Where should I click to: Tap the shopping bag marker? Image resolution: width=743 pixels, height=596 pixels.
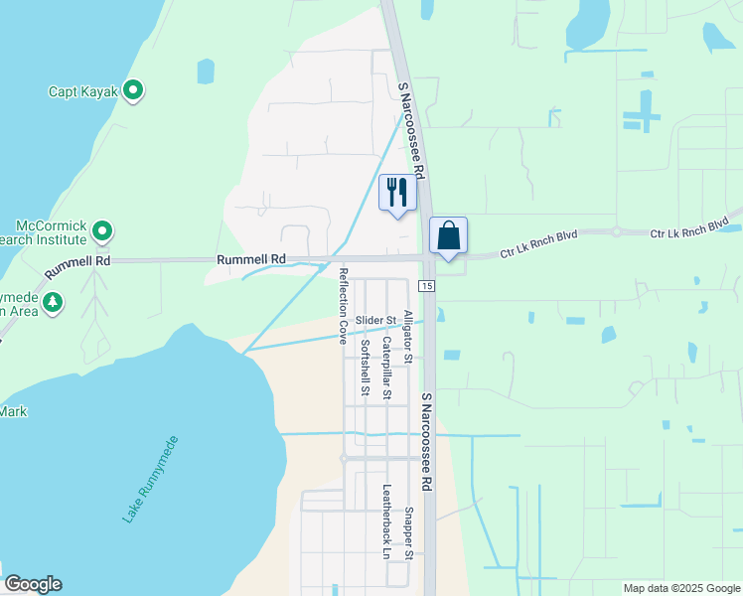(x=448, y=236)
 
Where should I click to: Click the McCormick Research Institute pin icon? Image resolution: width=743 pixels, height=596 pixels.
(x=101, y=232)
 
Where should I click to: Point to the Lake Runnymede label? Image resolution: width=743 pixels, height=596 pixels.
(x=151, y=479)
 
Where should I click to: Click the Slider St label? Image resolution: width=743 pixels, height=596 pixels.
(x=376, y=320)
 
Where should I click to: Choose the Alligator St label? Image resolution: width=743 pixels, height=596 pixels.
(x=407, y=335)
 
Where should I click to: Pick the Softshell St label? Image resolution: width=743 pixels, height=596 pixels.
(x=366, y=368)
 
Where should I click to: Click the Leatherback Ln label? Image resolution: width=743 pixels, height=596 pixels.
(x=386, y=521)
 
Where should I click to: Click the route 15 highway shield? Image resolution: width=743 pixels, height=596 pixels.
(x=426, y=286)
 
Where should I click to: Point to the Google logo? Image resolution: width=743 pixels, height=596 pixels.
(x=33, y=584)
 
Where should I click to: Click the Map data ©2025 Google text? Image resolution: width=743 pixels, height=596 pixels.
(x=680, y=588)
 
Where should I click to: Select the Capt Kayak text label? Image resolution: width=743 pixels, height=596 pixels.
(x=83, y=92)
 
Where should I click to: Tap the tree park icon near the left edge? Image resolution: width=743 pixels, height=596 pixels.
(x=53, y=301)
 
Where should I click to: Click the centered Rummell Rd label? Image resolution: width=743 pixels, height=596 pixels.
(x=251, y=259)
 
